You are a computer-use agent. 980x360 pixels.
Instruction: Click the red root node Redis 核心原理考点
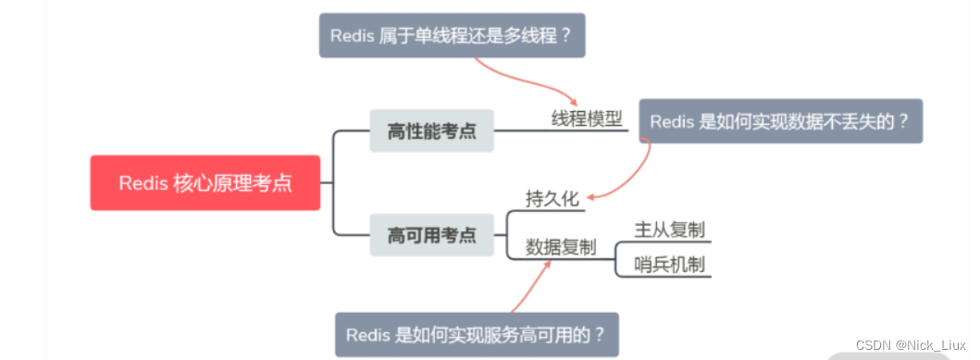tap(205, 182)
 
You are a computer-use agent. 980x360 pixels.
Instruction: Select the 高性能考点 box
tap(431, 130)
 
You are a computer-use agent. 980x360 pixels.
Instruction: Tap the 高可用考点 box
tap(431, 235)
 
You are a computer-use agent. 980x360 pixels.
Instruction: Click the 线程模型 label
tap(587, 119)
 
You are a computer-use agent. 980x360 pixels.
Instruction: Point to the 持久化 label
tap(552, 198)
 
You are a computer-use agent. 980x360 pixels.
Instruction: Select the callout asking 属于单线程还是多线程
tap(453, 35)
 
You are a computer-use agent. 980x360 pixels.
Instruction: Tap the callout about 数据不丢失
tap(780, 121)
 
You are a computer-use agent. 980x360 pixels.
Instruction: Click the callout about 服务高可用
tap(476, 334)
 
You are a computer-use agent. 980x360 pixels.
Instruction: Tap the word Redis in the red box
tap(143, 182)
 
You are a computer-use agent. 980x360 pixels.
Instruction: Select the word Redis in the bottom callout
tap(368, 334)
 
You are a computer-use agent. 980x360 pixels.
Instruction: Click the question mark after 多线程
tap(567, 35)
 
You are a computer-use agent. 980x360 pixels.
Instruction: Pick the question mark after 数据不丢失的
tap(903, 121)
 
